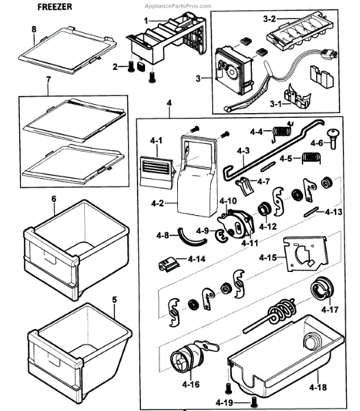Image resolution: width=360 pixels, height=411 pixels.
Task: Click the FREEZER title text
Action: pyautogui.click(x=55, y=7)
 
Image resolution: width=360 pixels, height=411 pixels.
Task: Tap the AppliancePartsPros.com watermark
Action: pyautogui.click(x=178, y=6)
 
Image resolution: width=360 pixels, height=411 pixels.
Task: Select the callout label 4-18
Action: pyautogui.click(x=318, y=387)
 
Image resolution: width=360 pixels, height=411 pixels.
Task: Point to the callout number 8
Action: pyautogui.click(x=34, y=29)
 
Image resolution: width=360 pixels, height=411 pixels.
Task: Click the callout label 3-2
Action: pyautogui.click(x=270, y=19)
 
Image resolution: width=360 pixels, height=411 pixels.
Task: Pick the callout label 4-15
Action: pyautogui.click(x=268, y=258)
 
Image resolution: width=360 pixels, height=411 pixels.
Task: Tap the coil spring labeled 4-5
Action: pyautogui.click(x=311, y=158)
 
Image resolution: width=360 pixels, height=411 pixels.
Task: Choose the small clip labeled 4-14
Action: pyautogui.click(x=168, y=264)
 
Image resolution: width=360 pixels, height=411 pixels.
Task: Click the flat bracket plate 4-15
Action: pyautogui.click(x=307, y=253)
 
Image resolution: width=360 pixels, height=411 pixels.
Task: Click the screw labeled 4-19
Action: pyautogui.click(x=253, y=401)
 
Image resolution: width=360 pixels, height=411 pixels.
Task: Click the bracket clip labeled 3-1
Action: pyautogui.click(x=298, y=96)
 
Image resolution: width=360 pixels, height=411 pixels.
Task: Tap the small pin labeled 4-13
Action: pyautogui.click(x=311, y=212)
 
